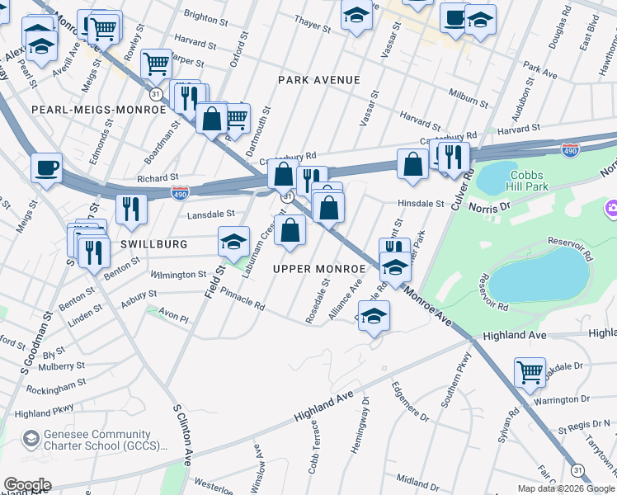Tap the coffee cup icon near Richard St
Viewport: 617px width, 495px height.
click(46, 167)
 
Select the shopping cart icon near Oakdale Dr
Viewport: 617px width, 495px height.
click(528, 371)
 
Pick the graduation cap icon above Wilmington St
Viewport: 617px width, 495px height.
click(233, 241)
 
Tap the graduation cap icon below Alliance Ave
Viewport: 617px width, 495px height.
click(374, 317)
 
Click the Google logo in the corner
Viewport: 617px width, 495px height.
click(27, 485)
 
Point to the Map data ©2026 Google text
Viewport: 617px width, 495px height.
click(565, 488)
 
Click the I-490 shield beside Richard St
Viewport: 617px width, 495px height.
click(180, 192)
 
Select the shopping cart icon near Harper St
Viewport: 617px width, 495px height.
click(156, 63)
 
